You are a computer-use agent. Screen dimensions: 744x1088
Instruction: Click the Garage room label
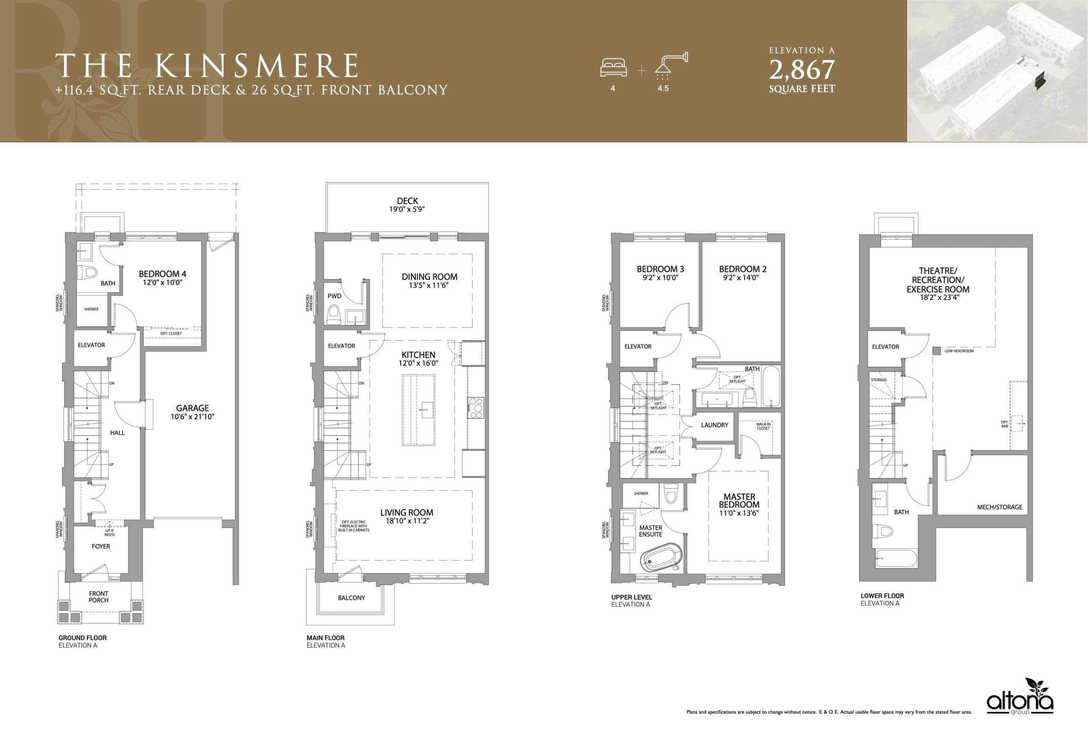pos(193,408)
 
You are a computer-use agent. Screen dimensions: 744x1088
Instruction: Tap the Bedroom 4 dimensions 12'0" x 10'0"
pos(162,283)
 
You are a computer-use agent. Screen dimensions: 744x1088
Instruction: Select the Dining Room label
pos(429,276)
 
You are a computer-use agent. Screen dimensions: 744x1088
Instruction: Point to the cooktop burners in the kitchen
pos(476,408)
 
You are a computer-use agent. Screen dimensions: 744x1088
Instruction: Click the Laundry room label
pos(714,425)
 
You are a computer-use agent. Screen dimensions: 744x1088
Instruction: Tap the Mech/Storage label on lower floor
pos(1000,507)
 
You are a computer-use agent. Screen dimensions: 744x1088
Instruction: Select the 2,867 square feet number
pos(802,70)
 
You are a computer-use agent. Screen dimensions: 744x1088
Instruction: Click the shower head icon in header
pos(671,65)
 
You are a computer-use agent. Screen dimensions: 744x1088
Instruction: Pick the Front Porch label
pos(98,597)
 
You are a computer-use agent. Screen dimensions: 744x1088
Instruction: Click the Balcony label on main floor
pos(351,597)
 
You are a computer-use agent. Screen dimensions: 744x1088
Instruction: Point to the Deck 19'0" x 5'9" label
pos(407,205)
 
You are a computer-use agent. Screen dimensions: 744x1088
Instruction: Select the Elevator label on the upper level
pos(637,346)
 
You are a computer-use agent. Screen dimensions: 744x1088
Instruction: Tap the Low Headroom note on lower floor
pos(959,351)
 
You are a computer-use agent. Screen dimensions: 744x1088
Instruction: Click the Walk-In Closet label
pos(763,426)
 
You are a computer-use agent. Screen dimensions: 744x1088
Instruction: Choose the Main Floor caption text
pos(326,638)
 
